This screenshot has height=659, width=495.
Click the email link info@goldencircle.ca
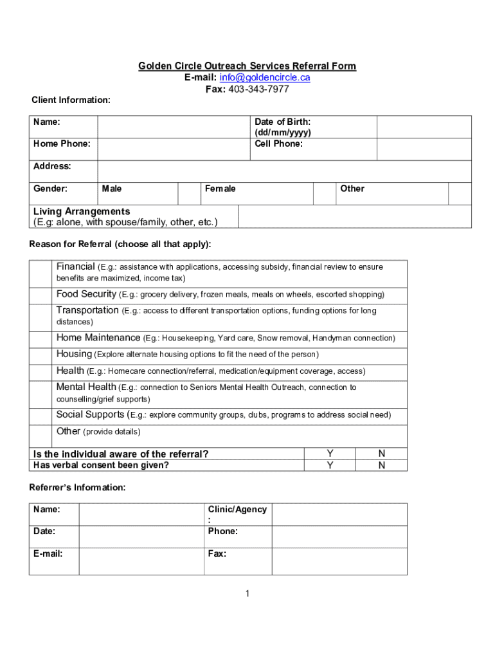point(265,78)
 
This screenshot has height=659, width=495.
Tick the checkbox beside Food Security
point(41,295)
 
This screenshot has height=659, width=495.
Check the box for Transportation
point(41,316)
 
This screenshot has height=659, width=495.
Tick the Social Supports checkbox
point(41,415)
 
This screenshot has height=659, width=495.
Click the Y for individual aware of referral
point(330,454)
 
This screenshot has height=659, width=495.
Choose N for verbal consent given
point(382,465)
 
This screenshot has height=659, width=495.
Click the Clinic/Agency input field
point(339,514)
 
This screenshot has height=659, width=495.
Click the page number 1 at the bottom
point(247,593)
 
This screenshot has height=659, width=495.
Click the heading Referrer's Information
point(77,488)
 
